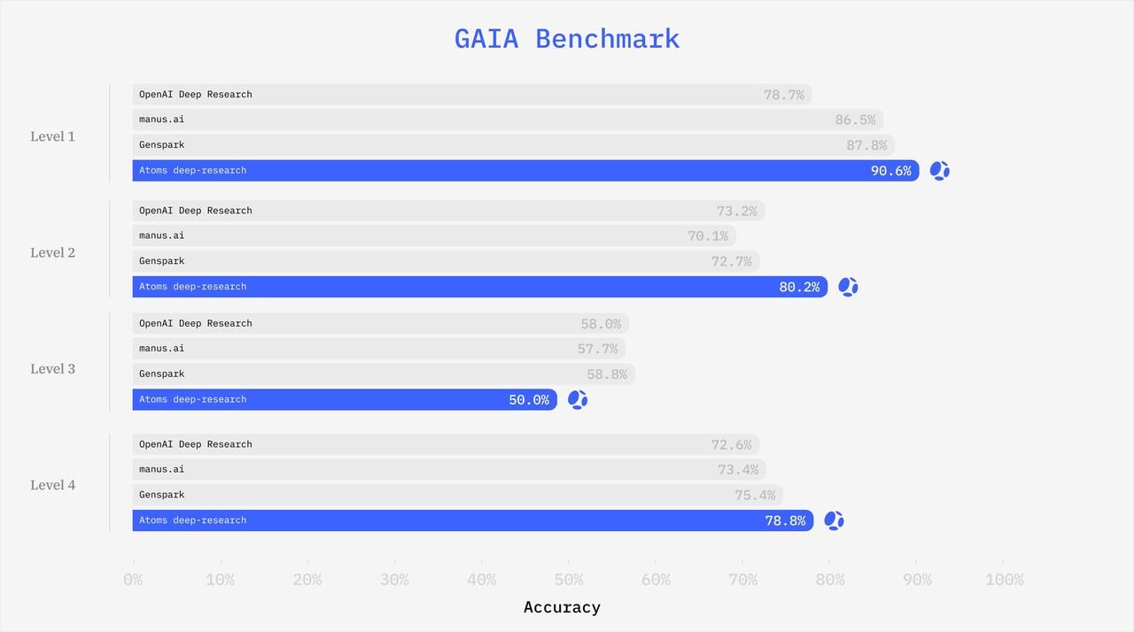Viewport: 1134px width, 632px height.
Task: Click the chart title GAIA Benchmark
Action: pos(567,39)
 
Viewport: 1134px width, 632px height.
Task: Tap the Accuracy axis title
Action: pos(562,607)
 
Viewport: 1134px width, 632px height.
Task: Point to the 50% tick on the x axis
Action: pos(569,580)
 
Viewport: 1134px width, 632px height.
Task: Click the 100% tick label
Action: pos(1004,580)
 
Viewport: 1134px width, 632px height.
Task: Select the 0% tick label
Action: pos(133,580)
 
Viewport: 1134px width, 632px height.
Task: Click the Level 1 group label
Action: pos(52,136)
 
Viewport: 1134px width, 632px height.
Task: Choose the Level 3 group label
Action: pos(52,369)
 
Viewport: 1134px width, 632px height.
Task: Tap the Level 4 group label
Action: pos(52,485)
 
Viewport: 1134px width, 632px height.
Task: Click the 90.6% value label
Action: pos(890,171)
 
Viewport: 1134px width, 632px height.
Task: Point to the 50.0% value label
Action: pos(529,400)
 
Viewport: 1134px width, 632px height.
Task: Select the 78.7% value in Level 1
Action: pos(784,95)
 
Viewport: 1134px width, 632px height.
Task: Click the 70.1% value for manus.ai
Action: pos(708,236)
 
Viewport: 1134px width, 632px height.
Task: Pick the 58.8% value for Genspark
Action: pos(607,374)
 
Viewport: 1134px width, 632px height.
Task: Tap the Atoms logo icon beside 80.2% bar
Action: pos(848,287)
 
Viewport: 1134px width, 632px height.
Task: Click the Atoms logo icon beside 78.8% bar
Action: pos(834,520)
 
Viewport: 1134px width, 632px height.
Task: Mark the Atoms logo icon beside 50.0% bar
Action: pos(578,400)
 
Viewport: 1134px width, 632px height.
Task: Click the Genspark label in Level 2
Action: pos(161,261)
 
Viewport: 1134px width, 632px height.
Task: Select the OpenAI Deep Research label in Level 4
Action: pos(195,444)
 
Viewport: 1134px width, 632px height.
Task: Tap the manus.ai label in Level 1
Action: pos(161,119)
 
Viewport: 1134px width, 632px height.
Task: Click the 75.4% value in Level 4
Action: pos(755,496)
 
